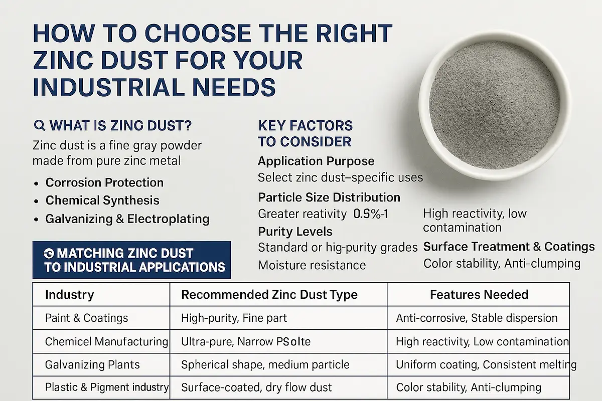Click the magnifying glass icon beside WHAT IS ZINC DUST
[x=40, y=125]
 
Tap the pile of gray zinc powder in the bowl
[x=495, y=105]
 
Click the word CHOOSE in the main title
[x=198, y=34]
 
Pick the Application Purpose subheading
[x=316, y=161]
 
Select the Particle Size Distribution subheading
[x=329, y=197]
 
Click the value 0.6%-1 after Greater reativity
[x=371, y=214]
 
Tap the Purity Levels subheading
[x=295, y=232]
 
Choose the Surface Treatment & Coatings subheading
[x=509, y=247]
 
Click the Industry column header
[x=70, y=295]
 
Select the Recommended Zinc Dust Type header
[x=269, y=295]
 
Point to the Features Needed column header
[x=479, y=295]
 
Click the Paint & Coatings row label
[x=86, y=318]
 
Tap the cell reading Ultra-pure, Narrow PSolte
[x=246, y=342]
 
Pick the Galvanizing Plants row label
[x=92, y=365]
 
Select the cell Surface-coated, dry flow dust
[x=256, y=387]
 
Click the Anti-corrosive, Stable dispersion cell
[x=477, y=318]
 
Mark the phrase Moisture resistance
[x=312, y=265]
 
